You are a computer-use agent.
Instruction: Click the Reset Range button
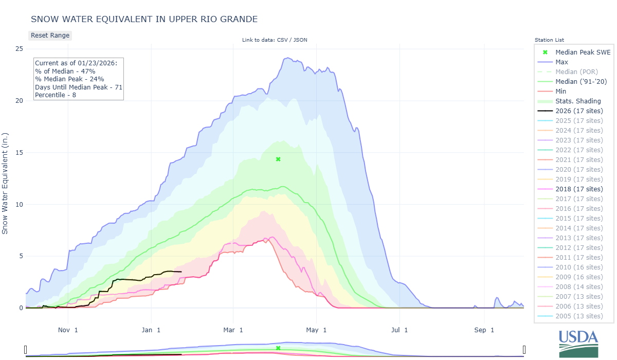(50, 35)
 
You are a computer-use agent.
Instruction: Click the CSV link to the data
(282, 40)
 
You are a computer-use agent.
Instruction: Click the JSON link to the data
(300, 40)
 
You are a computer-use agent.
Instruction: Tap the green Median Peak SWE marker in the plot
(278, 159)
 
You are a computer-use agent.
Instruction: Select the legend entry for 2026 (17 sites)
(579, 111)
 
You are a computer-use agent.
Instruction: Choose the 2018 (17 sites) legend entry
(579, 189)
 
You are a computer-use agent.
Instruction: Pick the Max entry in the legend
(561, 62)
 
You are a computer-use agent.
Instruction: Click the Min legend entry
(561, 92)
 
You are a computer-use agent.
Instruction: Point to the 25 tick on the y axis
(19, 49)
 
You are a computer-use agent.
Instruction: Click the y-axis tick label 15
(19, 153)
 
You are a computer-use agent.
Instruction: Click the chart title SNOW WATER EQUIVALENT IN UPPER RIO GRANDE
(144, 19)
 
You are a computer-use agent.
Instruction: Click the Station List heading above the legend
(549, 40)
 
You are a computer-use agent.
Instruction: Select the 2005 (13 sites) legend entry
(579, 316)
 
